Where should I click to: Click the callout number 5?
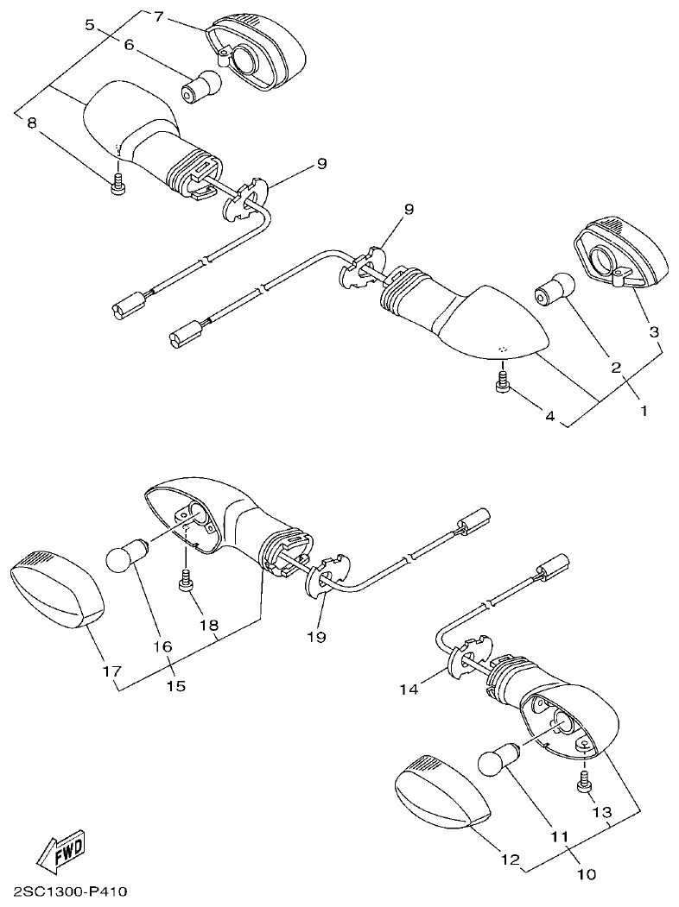tap(90, 25)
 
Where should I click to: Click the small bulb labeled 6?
tap(200, 85)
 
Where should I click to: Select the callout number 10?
tap(586, 873)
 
